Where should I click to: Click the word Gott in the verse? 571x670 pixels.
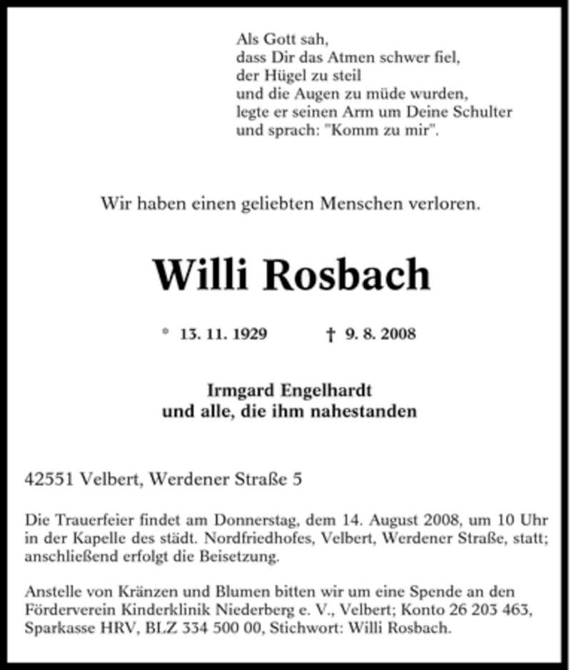pos(279,40)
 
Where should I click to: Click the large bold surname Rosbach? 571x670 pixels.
pos(348,274)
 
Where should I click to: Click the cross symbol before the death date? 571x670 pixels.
pos(330,334)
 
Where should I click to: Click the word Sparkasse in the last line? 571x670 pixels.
pos(56,627)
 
